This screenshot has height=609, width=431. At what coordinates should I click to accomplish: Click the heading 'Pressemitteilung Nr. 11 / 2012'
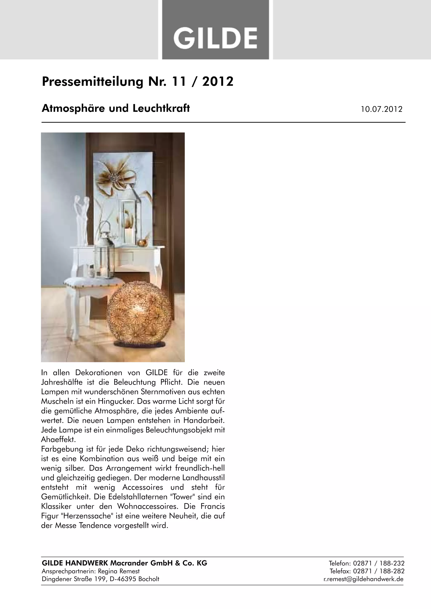pyautogui.click(x=137, y=81)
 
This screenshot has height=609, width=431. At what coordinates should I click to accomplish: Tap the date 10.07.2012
pyautogui.click(x=381, y=109)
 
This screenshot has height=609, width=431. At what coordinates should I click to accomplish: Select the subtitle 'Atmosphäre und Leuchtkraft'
pyautogui.click(x=116, y=108)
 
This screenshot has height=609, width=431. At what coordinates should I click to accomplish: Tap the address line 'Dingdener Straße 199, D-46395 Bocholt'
pyautogui.click(x=101, y=579)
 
